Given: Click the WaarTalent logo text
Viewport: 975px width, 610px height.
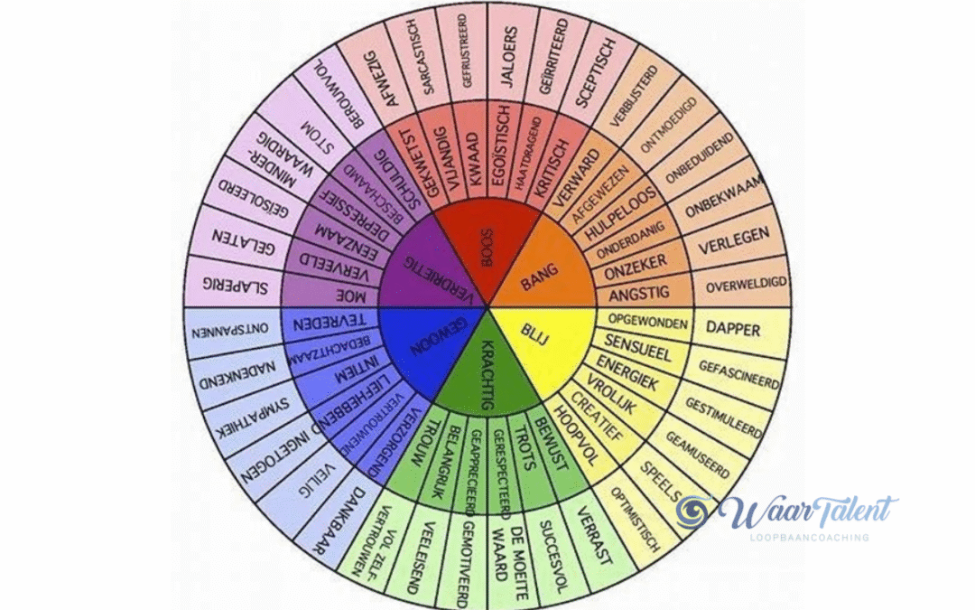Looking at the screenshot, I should (806, 511).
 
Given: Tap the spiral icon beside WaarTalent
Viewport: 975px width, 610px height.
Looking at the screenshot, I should (696, 512).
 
